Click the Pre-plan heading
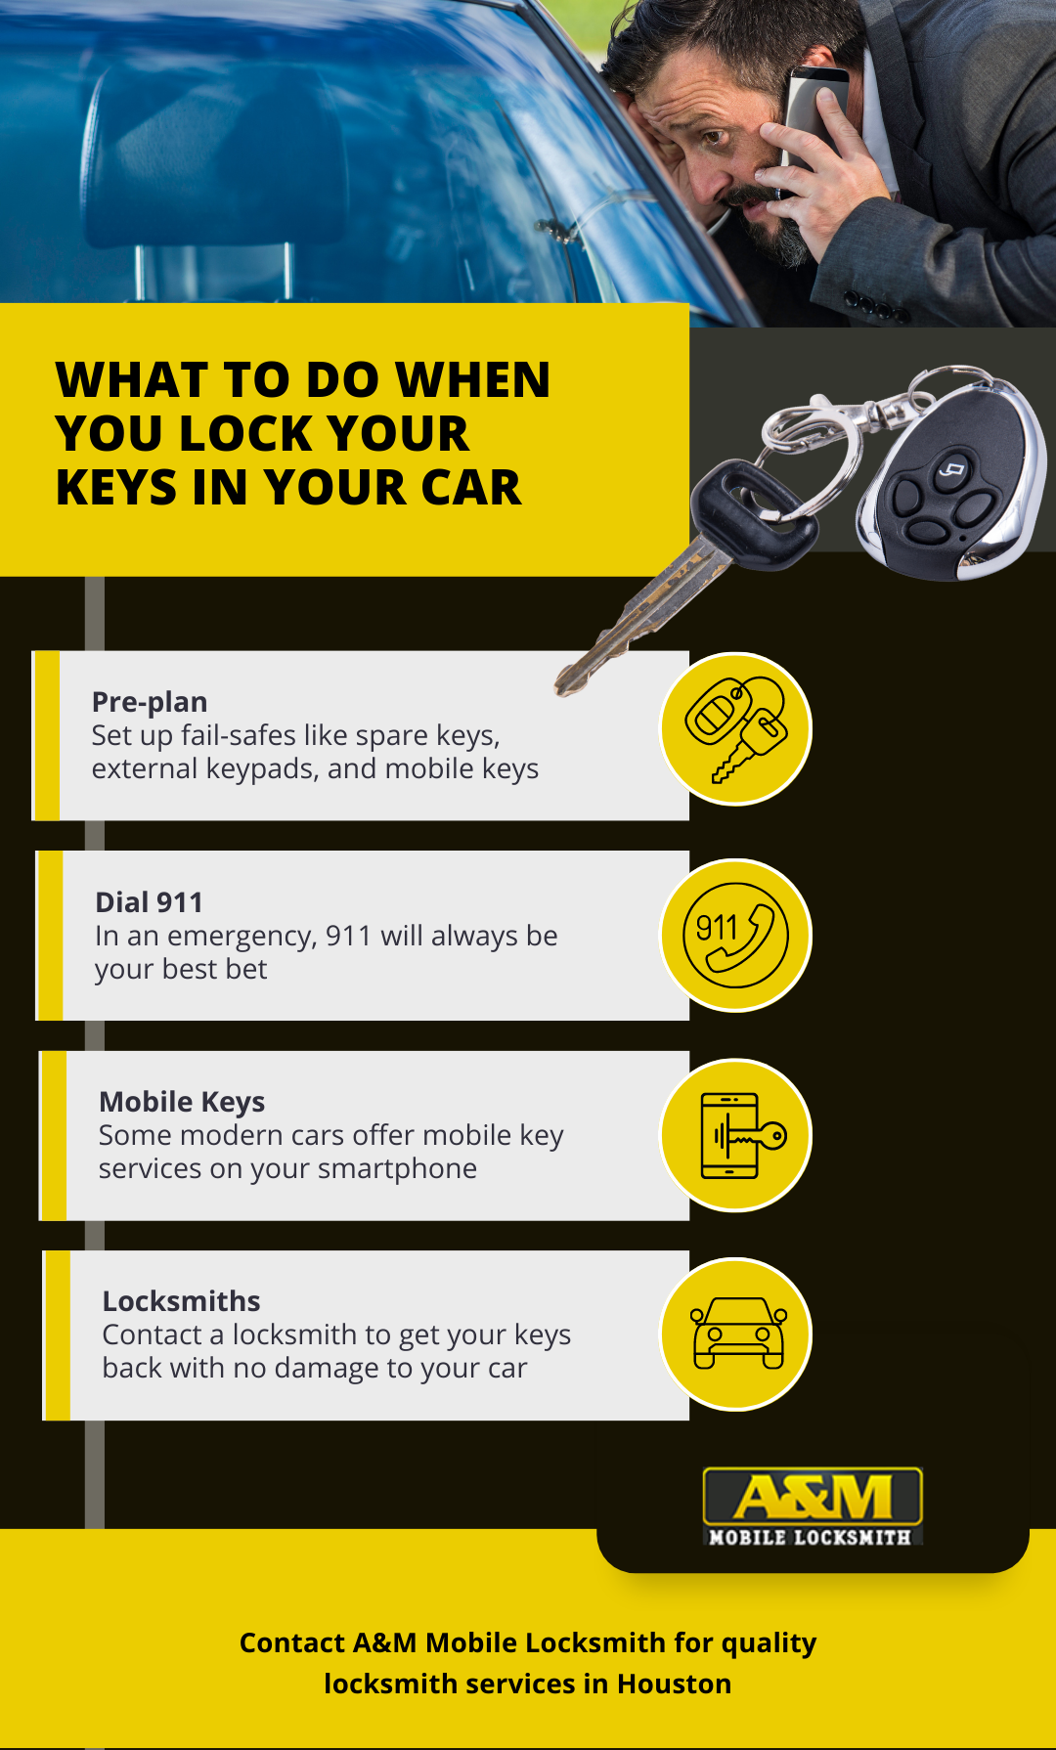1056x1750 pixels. pos(150,702)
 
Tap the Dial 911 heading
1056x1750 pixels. pos(149,902)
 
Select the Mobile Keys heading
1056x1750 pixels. pos(182,1102)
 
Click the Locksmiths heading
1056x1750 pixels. pos(181,1301)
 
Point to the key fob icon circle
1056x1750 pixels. pos(736,729)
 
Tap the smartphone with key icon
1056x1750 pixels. pos(736,1135)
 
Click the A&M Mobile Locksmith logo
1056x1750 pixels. pos(813,1507)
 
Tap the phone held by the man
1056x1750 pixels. pos(812,108)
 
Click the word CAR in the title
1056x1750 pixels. pos(472,488)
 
